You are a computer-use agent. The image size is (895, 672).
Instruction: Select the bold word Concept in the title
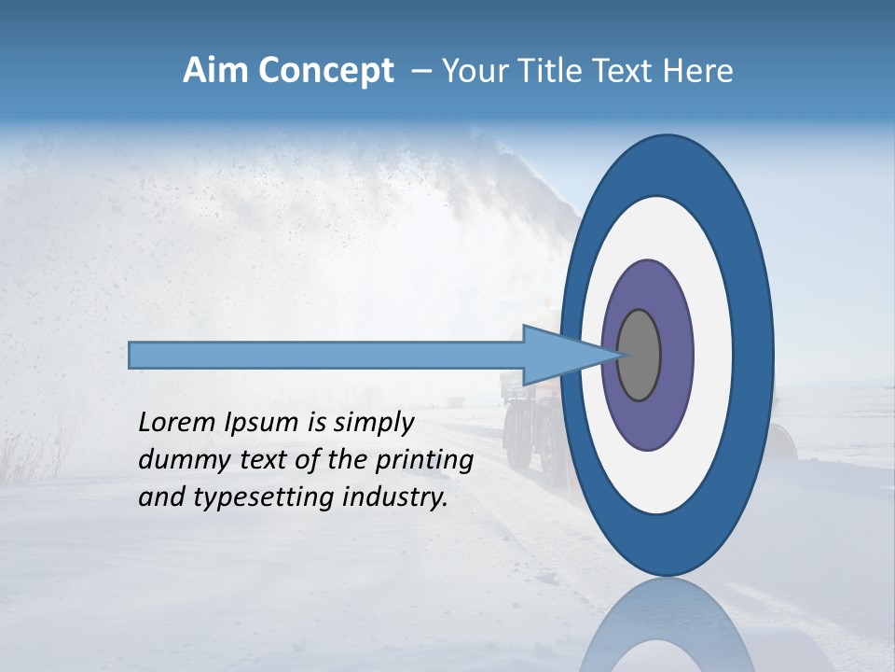pyautogui.click(x=326, y=72)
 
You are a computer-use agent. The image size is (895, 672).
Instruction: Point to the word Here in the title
pyautogui.click(x=699, y=71)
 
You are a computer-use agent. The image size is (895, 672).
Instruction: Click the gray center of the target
pyautogui.click(x=640, y=356)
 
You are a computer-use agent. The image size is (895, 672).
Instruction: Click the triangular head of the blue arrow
pyautogui.click(x=559, y=356)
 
